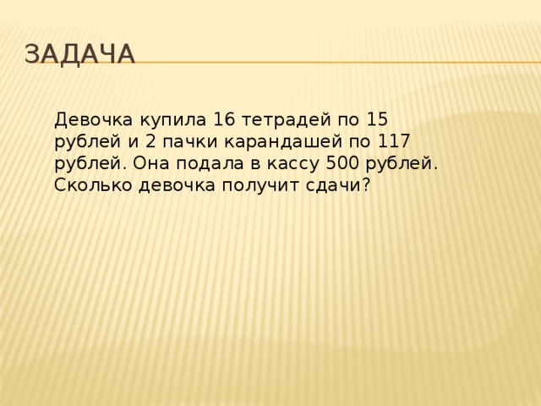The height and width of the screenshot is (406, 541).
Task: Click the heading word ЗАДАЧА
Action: click(x=79, y=53)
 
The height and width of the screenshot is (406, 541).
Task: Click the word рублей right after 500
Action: click(x=402, y=163)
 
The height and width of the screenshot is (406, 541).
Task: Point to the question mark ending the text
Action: click(x=365, y=185)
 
